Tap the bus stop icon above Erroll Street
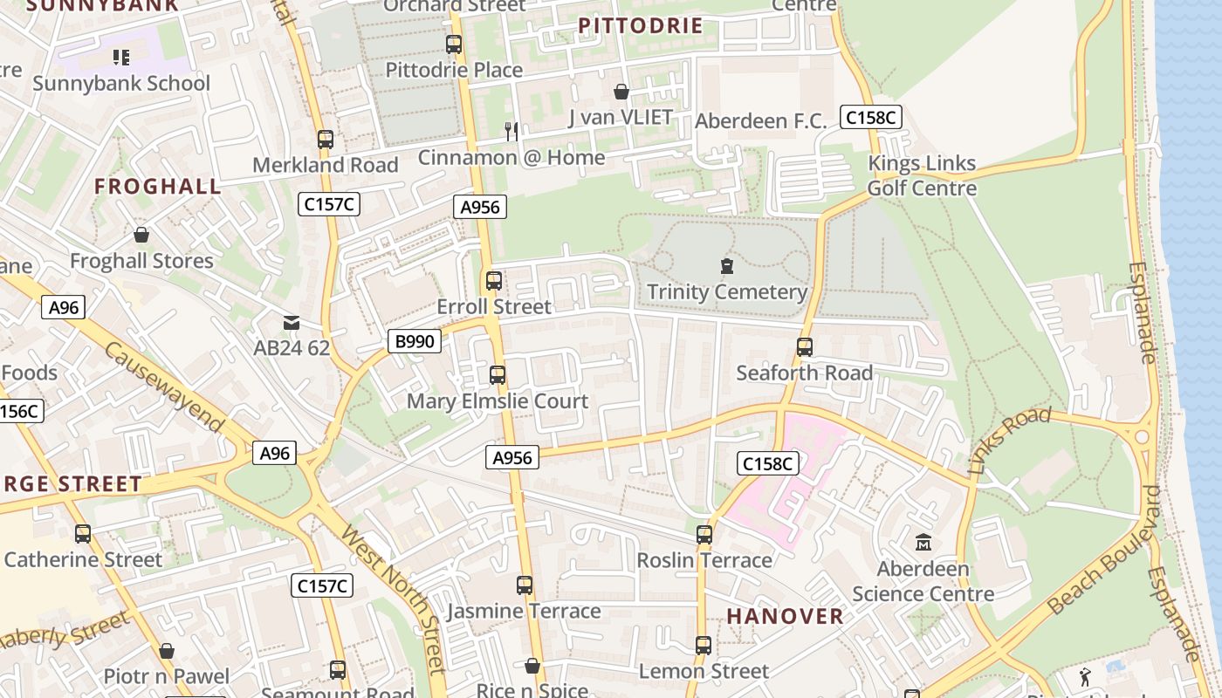pos(494,281)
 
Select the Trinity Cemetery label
pos(726,292)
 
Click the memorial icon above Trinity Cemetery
pos(726,265)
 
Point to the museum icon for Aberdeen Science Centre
pos(923,543)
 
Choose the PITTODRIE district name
pos(641,25)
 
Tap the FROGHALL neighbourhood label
pos(158,186)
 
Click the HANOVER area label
pos(786,616)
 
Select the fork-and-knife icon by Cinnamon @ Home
pos(511,132)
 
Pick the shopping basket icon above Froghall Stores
pos(141,235)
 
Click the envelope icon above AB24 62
pos(292,323)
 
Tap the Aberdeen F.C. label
pos(760,121)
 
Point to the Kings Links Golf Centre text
pos(922,175)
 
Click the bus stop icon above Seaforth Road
pos(805,347)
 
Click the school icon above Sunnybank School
pos(121,58)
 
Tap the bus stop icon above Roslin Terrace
pos(704,534)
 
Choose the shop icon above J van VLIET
pos(621,92)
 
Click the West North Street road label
pos(395,599)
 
